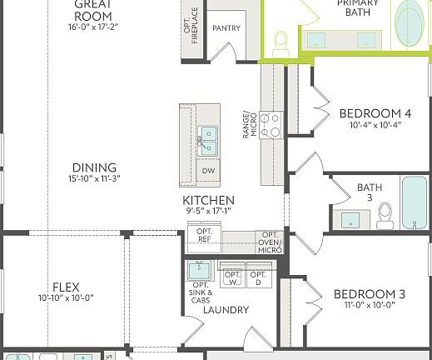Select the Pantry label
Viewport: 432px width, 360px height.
click(226, 27)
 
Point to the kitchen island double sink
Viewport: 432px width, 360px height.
click(208, 140)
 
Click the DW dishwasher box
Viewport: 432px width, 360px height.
click(208, 171)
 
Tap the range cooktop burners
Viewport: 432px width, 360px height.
click(271, 125)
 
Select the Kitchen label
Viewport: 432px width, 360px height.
click(209, 201)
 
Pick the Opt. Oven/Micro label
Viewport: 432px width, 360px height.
click(270, 242)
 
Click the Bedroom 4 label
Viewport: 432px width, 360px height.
click(375, 114)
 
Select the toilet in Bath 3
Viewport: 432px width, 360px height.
click(385, 215)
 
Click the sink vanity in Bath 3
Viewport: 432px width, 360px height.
click(352, 219)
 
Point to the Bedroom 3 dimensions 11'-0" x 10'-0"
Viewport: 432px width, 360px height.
click(369, 306)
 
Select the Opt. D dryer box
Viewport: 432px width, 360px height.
click(259, 277)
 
